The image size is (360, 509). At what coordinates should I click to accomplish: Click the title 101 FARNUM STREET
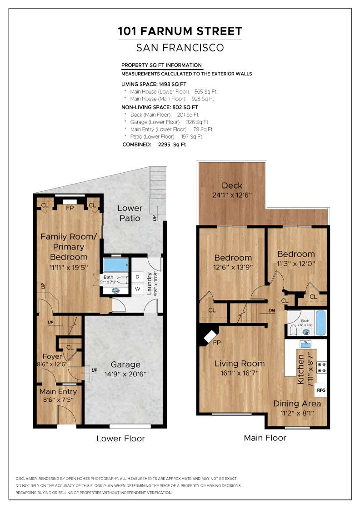[180, 31]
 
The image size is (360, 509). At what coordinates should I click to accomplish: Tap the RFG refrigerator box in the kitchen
[321, 390]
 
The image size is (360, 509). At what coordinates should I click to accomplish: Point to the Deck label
[232, 185]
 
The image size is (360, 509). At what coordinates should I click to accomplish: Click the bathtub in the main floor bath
[320, 323]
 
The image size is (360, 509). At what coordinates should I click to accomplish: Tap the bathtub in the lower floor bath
[115, 264]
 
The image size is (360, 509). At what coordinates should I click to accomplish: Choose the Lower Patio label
[130, 213]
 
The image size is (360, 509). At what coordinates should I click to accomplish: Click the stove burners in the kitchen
[321, 367]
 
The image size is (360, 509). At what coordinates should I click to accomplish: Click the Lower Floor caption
[120, 439]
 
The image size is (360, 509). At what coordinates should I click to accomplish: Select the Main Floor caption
[265, 438]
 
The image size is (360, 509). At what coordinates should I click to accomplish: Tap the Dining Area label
[297, 404]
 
